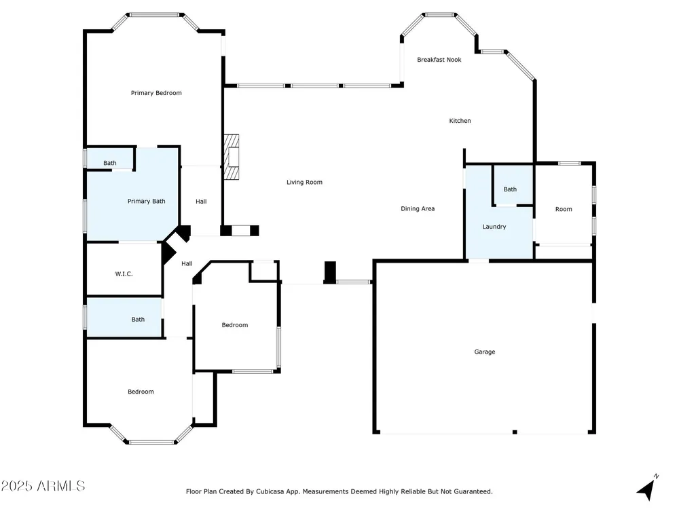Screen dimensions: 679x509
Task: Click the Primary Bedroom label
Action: pyautogui.click(x=156, y=93)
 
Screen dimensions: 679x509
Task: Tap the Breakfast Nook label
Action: pyautogui.click(x=439, y=60)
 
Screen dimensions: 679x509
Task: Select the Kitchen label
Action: pyautogui.click(x=460, y=121)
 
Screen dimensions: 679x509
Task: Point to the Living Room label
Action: pyautogui.click(x=304, y=182)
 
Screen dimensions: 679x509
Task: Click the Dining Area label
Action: pyautogui.click(x=418, y=208)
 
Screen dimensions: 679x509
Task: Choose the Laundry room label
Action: pyautogui.click(x=494, y=227)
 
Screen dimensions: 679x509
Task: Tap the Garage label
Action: pyautogui.click(x=485, y=352)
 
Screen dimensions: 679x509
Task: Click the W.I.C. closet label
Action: pyautogui.click(x=124, y=274)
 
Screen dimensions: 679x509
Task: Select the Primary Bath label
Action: pyautogui.click(x=147, y=202)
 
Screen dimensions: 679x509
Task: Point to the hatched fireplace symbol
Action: pyautogui.click(x=232, y=157)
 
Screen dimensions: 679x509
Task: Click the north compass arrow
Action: pyautogui.click(x=647, y=488)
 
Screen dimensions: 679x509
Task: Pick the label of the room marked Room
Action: pyautogui.click(x=564, y=209)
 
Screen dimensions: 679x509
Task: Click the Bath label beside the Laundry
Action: pyautogui.click(x=510, y=189)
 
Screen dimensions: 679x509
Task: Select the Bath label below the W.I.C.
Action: pyautogui.click(x=138, y=320)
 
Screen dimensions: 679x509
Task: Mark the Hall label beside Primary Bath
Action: pyautogui.click(x=201, y=202)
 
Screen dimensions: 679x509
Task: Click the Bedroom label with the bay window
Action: pyautogui.click(x=141, y=392)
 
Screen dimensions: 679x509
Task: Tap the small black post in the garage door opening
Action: pyautogui.click(x=515, y=432)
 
